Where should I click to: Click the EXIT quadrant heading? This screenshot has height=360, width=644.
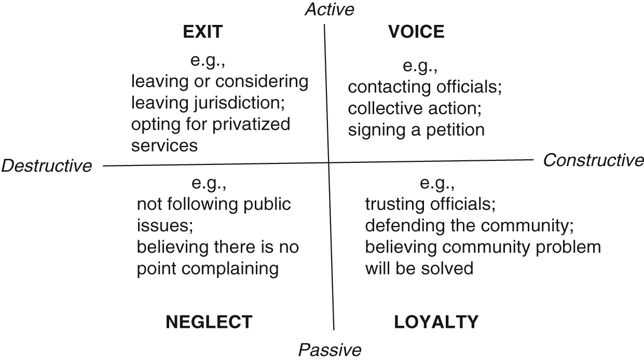202,32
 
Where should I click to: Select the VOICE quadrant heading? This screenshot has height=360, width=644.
416,32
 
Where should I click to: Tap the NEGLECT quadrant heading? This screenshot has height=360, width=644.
209,322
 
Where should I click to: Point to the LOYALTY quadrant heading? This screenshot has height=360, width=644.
436,322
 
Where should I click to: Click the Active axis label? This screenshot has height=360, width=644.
330,9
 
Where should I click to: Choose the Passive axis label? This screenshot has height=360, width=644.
330,350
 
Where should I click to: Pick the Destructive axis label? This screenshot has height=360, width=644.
47,166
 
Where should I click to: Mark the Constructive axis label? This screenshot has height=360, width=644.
593,161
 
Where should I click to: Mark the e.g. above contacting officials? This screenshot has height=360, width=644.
421,66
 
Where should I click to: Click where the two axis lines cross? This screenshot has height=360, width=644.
328,163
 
